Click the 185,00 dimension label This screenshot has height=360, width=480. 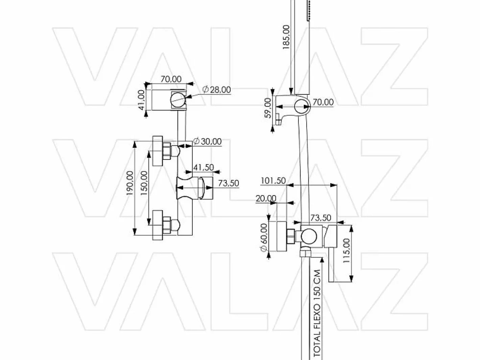[286, 37]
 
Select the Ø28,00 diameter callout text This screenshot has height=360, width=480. [216, 90]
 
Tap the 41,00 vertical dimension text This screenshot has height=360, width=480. [142, 100]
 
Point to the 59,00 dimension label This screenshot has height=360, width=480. [268, 108]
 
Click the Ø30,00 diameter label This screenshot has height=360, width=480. [207, 141]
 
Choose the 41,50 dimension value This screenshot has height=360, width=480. [203, 167]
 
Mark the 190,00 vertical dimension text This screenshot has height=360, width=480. [130, 183]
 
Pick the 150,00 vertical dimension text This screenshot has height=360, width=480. [144, 183]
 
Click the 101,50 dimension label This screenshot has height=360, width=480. [273, 181]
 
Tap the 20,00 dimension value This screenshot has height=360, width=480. [266, 198]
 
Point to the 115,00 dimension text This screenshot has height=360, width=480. [346, 250]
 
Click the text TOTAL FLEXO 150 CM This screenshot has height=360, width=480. [317, 314]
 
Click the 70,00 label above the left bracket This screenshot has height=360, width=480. [171, 79]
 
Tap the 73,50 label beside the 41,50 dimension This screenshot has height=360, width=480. [229, 183]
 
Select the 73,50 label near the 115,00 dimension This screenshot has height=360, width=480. [321, 218]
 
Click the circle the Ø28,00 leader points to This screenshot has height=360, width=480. [178, 99]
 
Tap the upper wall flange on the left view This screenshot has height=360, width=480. [158, 151]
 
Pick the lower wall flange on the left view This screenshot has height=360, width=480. [158, 225]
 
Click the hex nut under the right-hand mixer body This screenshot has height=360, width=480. [305, 254]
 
